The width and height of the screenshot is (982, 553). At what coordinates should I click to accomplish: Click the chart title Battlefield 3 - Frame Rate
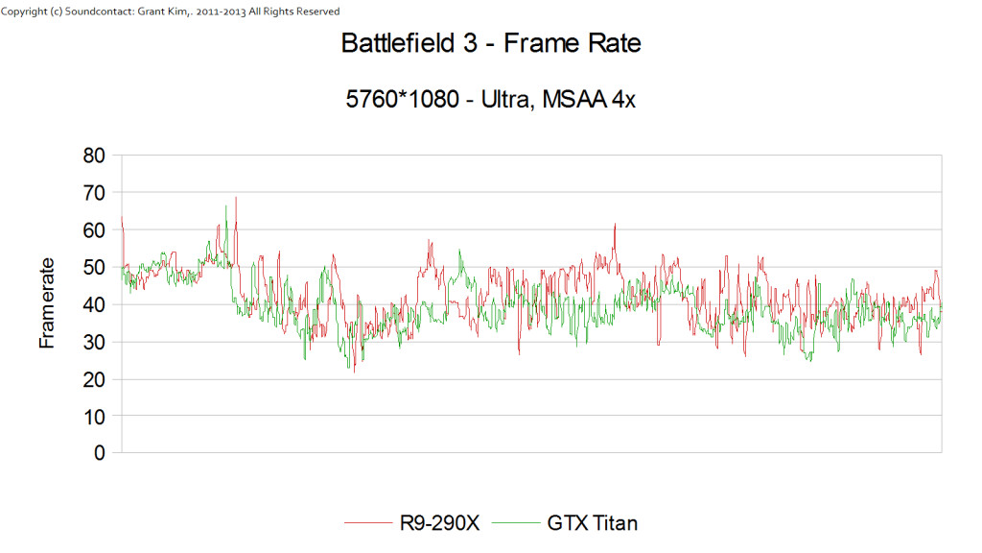[490, 43]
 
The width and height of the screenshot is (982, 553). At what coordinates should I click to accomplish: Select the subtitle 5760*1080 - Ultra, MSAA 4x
[490, 99]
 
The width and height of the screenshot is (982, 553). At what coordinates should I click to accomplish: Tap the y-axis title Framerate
[47, 302]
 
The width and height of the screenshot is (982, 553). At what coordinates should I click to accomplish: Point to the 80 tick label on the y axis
[94, 156]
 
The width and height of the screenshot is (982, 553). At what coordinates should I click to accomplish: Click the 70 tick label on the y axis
[94, 193]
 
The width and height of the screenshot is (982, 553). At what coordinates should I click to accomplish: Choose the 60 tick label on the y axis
[94, 230]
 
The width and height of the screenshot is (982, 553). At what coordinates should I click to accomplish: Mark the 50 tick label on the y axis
[94, 267]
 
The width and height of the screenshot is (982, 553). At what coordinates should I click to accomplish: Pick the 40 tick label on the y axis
[94, 304]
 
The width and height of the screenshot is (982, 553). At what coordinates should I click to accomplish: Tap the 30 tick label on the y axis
[94, 342]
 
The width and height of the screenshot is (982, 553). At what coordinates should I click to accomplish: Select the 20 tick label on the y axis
[94, 379]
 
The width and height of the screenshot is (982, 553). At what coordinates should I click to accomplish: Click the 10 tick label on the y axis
[94, 416]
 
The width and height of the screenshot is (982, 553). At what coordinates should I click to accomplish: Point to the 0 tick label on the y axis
[100, 453]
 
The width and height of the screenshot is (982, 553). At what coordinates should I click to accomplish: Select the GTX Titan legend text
[592, 523]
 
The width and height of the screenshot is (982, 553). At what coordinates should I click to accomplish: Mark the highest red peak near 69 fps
[236, 198]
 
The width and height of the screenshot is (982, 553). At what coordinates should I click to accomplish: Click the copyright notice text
[171, 12]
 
